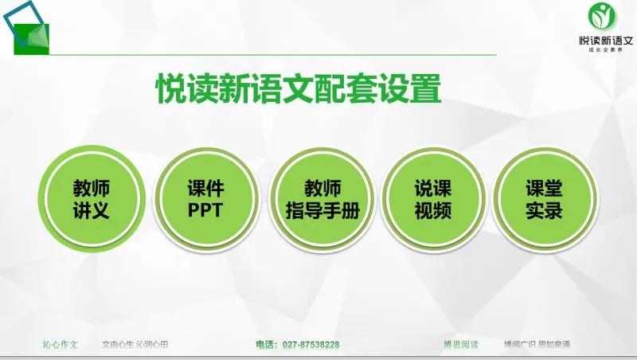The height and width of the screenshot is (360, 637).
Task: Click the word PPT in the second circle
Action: [206, 211]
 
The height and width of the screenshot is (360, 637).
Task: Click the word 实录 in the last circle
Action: [545, 211]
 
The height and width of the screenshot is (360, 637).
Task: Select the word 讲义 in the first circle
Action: [92, 211]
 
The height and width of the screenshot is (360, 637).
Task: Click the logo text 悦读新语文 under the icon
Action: [606, 40]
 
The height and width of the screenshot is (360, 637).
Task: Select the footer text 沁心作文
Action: [60, 345]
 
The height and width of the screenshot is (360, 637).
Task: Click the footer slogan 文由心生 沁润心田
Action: [135, 345]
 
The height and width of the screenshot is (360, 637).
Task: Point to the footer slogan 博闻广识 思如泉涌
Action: [537, 345]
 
